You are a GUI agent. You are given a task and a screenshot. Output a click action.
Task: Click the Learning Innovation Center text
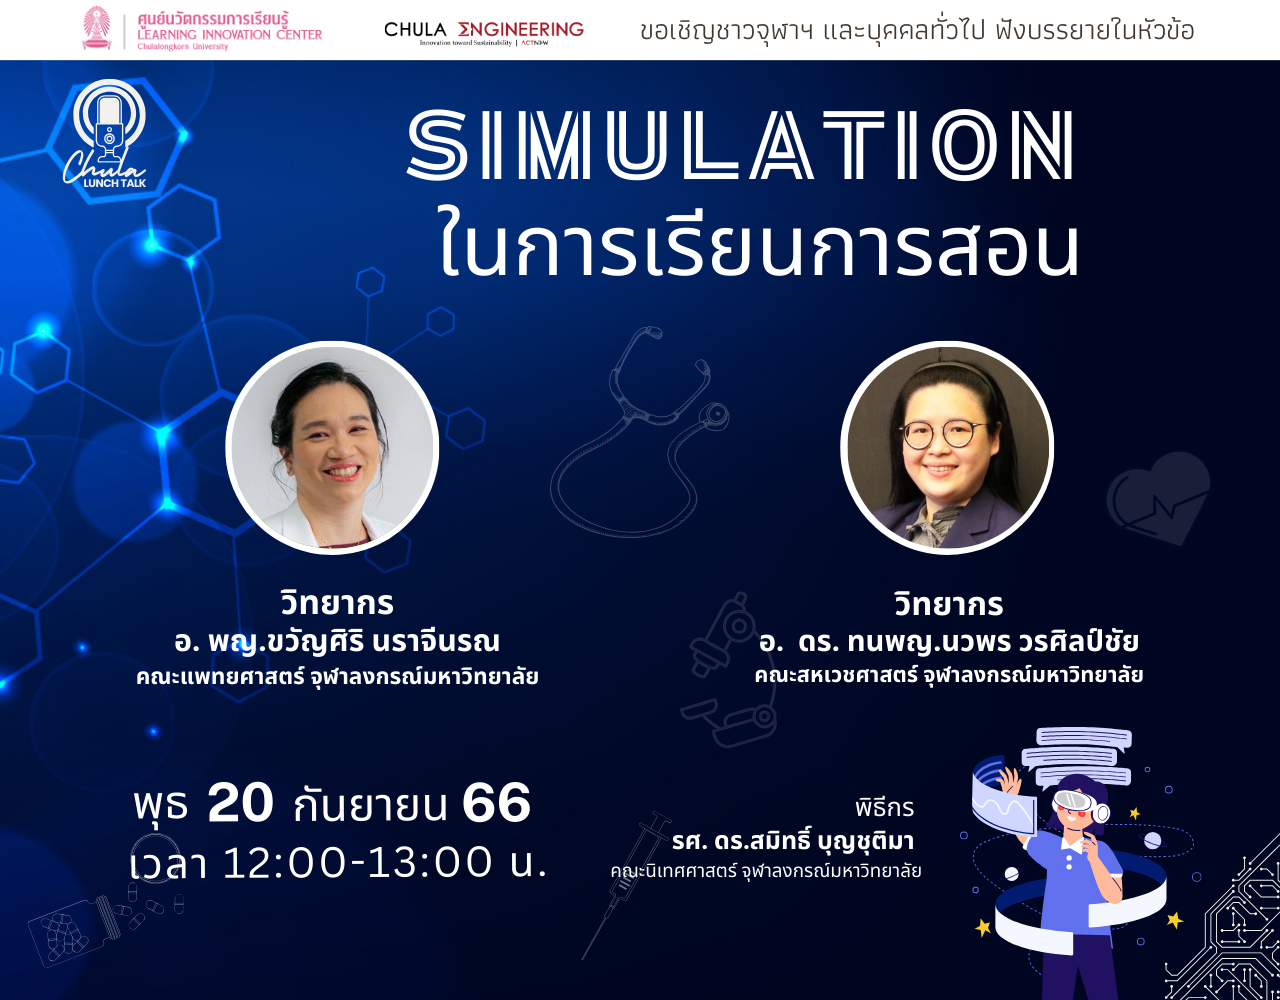230,35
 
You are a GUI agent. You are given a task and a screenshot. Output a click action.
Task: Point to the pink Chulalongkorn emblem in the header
97,28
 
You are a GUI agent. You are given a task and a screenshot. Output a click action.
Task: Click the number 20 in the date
240,803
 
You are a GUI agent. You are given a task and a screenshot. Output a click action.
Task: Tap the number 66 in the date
496,803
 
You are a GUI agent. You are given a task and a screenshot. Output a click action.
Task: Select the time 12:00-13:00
358,862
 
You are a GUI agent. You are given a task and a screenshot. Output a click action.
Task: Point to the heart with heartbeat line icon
1159,498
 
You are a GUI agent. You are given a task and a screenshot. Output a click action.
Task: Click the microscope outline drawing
729,670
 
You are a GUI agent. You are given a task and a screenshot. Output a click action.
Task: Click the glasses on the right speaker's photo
944,435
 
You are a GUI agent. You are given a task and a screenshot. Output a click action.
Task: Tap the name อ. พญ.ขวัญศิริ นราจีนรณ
337,641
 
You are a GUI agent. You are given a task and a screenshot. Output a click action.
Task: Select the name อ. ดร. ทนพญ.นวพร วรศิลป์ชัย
948,641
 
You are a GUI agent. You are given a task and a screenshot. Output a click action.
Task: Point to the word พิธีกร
885,807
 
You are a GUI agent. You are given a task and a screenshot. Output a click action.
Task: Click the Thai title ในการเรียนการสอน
759,246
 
